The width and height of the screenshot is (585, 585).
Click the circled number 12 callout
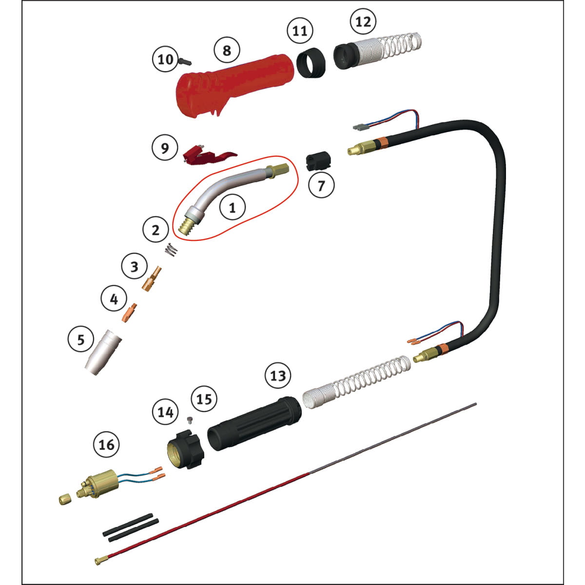click(x=363, y=21)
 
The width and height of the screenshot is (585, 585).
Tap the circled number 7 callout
click(x=321, y=185)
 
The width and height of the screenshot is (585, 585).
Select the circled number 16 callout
click(x=107, y=445)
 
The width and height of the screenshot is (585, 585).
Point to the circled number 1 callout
click(x=232, y=208)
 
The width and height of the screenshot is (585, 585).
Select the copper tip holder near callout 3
click(x=152, y=279)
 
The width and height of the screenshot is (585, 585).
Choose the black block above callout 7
click(x=318, y=161)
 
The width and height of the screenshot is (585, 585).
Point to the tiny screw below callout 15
click(x=190, y=420)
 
